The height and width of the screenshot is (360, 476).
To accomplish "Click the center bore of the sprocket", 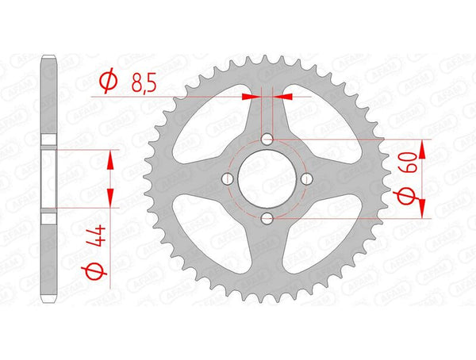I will (267, 179).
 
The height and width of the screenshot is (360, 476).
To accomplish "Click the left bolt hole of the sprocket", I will (228, 179).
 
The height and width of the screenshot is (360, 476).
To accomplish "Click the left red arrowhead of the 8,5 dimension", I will (251, 97).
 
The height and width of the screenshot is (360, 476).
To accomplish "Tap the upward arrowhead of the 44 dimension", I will (110, 159).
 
